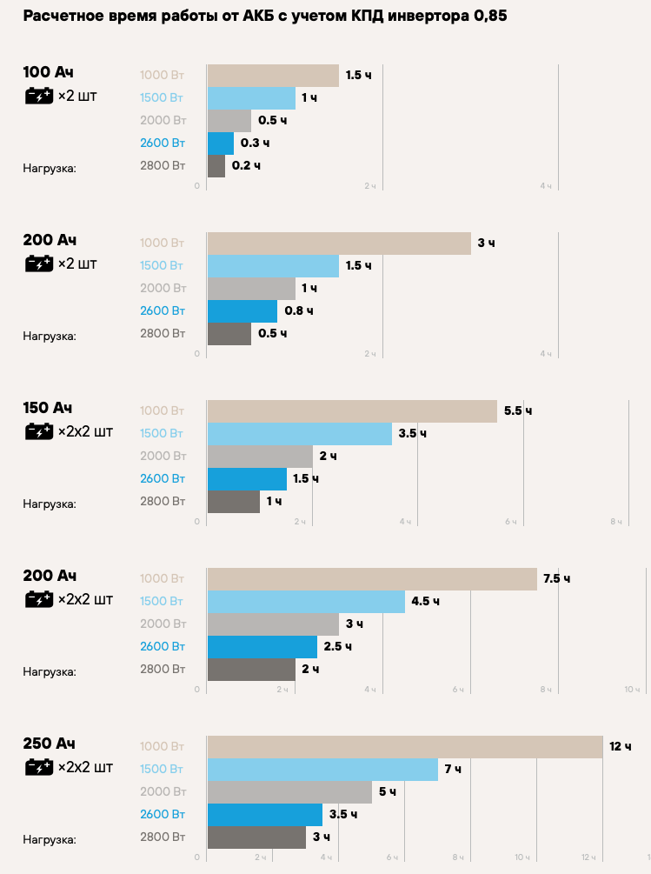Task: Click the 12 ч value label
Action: point(621,746)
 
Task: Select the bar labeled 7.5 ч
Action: point(372,578)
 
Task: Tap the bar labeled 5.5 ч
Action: point(352,410)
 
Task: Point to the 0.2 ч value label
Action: point(246,165)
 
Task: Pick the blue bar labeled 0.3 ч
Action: point(221,143)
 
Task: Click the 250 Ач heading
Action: point(50,744)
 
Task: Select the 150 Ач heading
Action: point(48,408)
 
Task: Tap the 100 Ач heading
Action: point(48,72)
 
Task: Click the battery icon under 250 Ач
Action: point(39,767)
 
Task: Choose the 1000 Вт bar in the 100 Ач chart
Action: point(273,76)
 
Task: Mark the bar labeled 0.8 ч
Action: point(242,310)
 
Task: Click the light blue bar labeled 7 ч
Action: point(322,769)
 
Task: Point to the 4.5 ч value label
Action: point(426,601)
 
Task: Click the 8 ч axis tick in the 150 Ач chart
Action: point(616,521)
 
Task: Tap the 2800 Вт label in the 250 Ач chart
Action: point(163,837)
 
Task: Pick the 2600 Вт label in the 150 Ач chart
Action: point(163,478)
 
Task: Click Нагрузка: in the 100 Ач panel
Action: point(50,168)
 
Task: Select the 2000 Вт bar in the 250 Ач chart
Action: point(289,791)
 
